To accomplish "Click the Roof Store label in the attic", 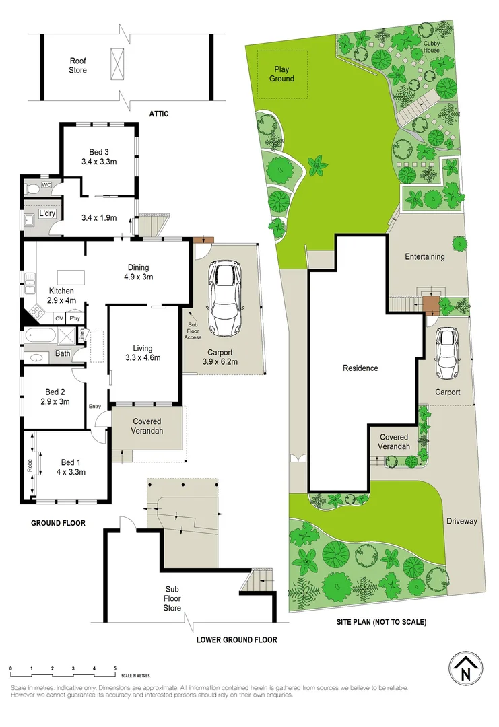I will [78, 65].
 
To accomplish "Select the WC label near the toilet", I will [46, 184].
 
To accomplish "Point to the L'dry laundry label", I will [47, 213].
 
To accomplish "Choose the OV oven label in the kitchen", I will [59, 318].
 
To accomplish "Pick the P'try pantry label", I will [74, 318].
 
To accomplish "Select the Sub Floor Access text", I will [193, 331].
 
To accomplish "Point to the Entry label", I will [94, 406].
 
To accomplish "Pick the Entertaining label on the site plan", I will [424, 256].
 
